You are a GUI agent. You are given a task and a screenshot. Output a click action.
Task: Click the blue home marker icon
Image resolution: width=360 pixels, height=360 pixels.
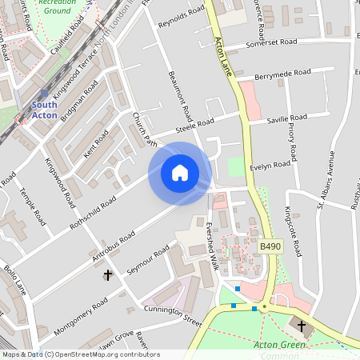(180, 173)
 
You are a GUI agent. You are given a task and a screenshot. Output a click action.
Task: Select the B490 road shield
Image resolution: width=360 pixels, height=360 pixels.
(270, 248)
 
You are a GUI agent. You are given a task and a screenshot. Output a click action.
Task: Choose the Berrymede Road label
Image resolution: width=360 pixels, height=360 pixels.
(282, 74)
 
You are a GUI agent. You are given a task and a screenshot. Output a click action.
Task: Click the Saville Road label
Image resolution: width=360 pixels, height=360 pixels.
(286, 117)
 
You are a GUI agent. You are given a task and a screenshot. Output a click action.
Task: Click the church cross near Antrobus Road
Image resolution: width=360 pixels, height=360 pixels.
(108, 276)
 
